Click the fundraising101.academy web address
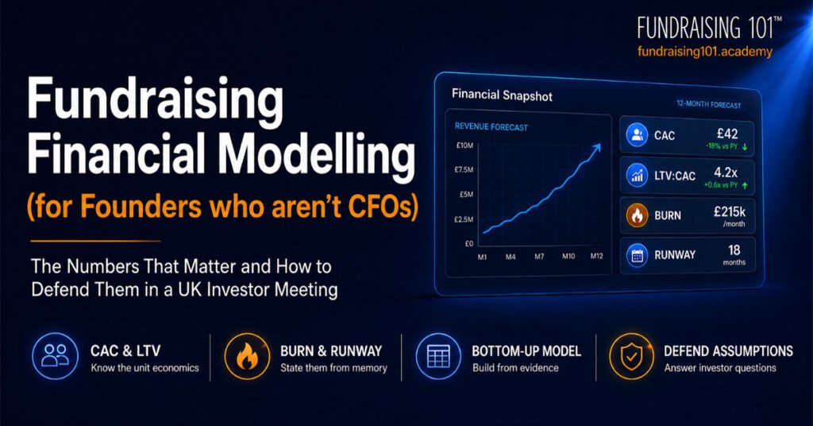point(705,52)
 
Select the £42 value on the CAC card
point(727,134)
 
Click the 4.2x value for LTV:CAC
point(726,172)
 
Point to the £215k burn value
point(730,211)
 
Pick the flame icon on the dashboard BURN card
point(638,215)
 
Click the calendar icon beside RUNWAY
point(638,255)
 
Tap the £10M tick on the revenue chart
point(464,145)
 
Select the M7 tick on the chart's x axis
point(539,257)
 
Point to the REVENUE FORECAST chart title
point(491,126)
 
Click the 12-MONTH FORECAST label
point(709,104)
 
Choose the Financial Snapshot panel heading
point(502,95)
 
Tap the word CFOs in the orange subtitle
point(379,206)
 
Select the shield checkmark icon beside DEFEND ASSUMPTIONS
point(631,357)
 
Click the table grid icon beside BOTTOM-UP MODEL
point(438,357)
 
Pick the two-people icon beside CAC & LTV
point(55,356)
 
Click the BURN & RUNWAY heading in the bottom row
point(331,351)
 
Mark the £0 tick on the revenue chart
point(468,243)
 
